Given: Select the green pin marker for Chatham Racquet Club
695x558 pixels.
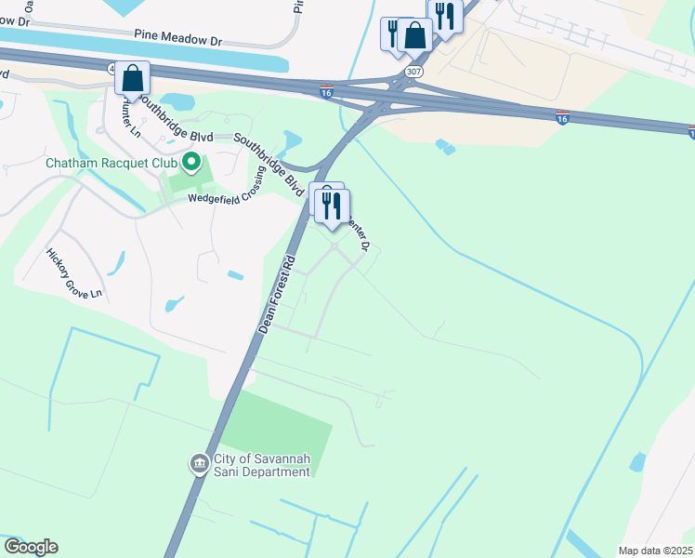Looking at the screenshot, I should point(192,163).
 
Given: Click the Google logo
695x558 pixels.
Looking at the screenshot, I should point(32,547).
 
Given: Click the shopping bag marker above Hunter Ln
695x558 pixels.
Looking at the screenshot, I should point(132,78).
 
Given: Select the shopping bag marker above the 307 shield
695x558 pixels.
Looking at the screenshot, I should point(415,36).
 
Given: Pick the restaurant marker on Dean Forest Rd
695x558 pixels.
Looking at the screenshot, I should point(332,205).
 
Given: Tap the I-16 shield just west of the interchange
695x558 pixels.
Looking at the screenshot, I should point(325,92).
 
